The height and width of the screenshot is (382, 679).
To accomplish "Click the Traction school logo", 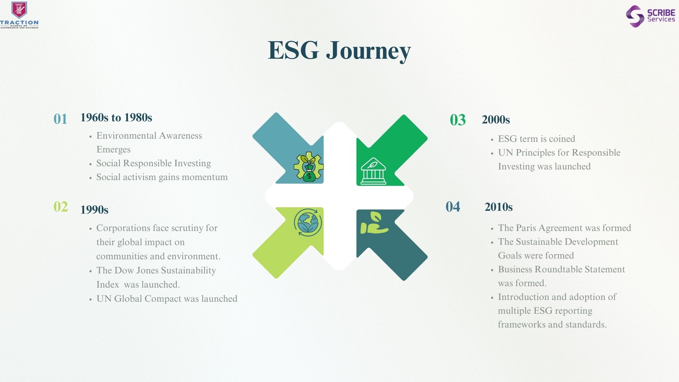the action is (19, 15).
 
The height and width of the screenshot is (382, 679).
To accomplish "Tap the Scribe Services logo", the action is (650, 16).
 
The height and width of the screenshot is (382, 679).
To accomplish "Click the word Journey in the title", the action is (368, 51).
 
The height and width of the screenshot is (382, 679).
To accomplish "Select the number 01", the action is (60, 119).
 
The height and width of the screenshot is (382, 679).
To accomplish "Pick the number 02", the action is (61, 207).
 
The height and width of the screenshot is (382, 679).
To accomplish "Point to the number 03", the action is (458, 120).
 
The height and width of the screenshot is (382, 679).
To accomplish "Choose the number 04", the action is (453, 207).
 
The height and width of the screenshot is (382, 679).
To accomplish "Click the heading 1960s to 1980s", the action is (116, 117).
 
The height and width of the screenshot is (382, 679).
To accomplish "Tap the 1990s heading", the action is (94, 210).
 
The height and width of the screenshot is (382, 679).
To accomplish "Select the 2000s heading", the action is (496, 120).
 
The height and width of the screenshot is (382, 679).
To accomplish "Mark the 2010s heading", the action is (499, 207).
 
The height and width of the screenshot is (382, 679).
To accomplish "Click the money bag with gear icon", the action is (308, 167).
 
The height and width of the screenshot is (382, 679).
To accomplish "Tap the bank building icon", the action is (373, 172).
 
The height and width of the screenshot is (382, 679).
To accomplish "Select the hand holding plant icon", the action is (374, 223).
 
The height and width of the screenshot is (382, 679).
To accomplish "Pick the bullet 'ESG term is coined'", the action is (536, 139).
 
